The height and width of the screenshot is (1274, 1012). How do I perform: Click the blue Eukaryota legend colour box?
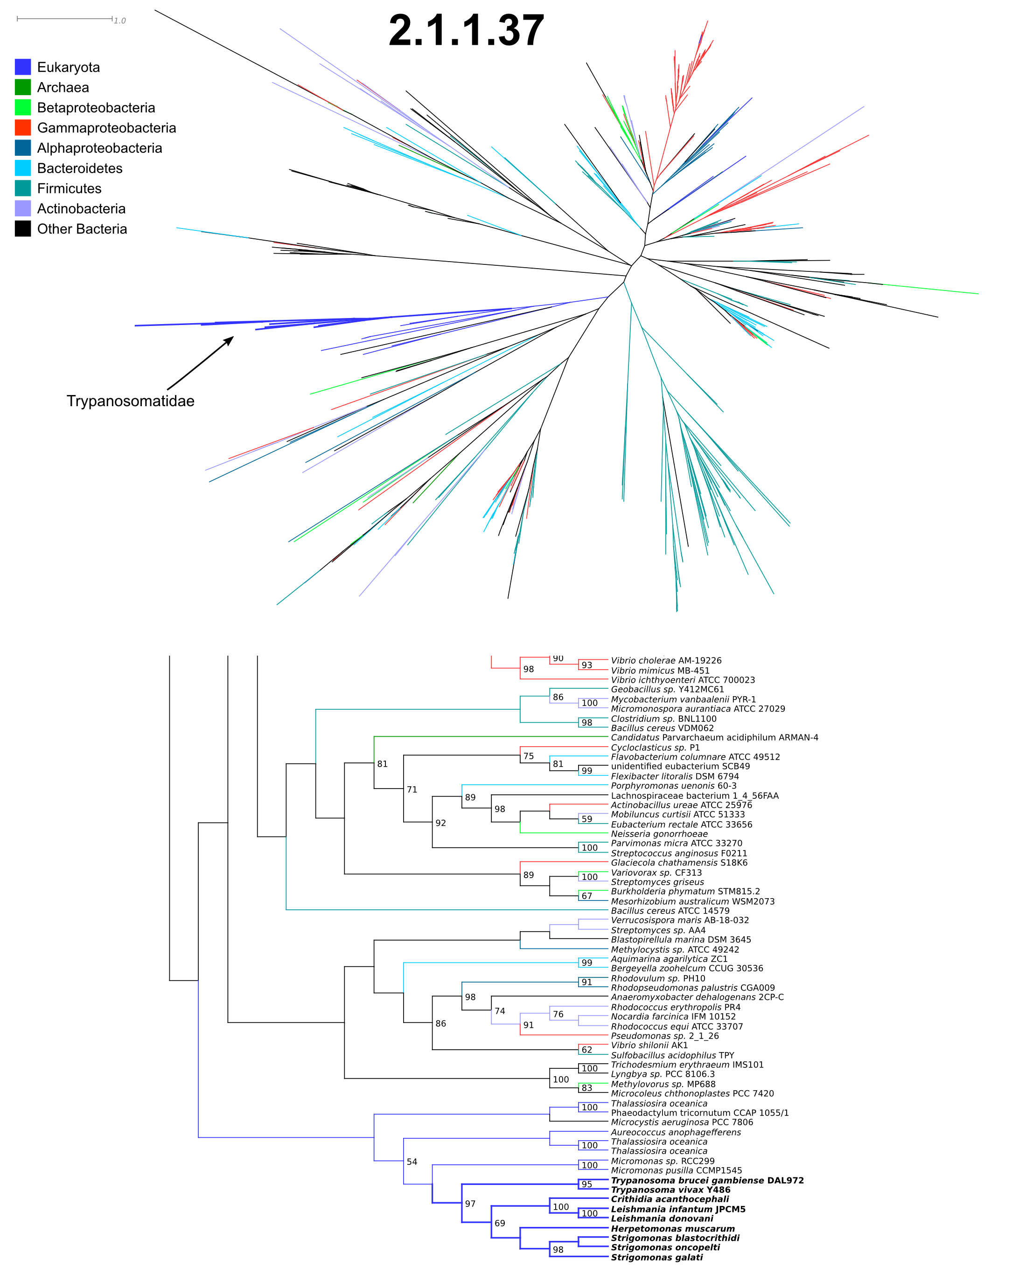[23, 67]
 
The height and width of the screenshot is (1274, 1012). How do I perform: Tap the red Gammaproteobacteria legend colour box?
[23, 128]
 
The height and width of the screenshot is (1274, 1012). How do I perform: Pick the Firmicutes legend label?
[69, 188]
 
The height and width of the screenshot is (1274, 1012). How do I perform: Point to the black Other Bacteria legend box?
[23, 228]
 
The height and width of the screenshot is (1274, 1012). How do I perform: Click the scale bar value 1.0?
[120, 21]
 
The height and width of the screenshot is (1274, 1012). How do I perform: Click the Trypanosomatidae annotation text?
[131, 401]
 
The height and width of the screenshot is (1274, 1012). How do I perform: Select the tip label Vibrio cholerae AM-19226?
[666, 661]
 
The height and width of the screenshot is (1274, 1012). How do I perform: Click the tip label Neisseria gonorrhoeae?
[659, 834]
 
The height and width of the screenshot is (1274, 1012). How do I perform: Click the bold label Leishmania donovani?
[662, 1219]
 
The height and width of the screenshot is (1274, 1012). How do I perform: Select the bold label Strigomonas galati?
[657, 1258]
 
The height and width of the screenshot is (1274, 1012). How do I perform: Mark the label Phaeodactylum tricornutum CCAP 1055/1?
[700, 1113]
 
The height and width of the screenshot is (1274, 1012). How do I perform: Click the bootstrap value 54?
[412, 1162]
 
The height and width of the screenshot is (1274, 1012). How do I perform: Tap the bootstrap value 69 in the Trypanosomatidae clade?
[500, 1223]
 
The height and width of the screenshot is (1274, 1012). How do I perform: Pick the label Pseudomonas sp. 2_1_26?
[665, 1036]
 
